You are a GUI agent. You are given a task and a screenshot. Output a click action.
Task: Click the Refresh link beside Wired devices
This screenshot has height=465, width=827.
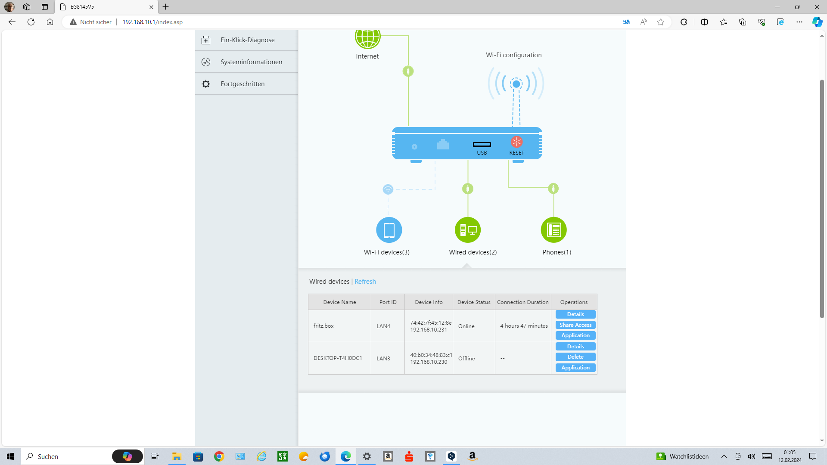coord(365,282)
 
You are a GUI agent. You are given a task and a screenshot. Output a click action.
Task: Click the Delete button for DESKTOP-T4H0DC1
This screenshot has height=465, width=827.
coord(575,357)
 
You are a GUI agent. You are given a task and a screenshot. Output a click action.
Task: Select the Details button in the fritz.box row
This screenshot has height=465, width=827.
coord(575,314)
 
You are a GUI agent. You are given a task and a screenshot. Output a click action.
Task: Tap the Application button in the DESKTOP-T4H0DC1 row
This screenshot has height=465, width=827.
coord(575,368)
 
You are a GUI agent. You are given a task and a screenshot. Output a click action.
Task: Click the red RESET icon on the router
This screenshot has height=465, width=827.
coord(516,142)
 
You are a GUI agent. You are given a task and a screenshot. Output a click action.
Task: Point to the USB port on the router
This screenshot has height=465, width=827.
coord(482,145)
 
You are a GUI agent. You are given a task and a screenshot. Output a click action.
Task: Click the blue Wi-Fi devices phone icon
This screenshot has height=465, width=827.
coord(389,230)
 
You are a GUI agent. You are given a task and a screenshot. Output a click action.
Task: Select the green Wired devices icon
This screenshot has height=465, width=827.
coord(468,230)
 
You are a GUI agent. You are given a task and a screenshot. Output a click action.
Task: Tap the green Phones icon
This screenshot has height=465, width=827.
coord(553,230)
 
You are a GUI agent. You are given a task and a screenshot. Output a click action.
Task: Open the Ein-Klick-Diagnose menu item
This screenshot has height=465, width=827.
coord(247,40)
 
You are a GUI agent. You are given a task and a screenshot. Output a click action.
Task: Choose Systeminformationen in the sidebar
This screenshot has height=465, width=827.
coord(251,62)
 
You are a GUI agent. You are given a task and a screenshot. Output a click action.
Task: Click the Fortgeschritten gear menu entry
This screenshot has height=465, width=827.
coord(243,84)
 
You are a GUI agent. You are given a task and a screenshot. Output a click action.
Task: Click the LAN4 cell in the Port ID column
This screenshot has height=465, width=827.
coord(383,326)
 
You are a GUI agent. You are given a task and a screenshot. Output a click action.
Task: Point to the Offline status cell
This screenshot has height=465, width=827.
coord(466,359)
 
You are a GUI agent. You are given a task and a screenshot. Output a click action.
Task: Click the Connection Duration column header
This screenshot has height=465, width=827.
coord(522,302)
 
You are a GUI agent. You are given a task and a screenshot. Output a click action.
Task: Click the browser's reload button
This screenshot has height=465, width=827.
coord(31,22)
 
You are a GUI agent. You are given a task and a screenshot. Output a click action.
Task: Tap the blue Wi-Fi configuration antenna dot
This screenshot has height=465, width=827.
coord(516,84)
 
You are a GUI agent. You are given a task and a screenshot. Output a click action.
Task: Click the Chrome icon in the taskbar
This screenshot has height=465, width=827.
coord(219,456)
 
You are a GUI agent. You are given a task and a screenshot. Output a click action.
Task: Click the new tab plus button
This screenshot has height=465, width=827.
coord(166,7)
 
